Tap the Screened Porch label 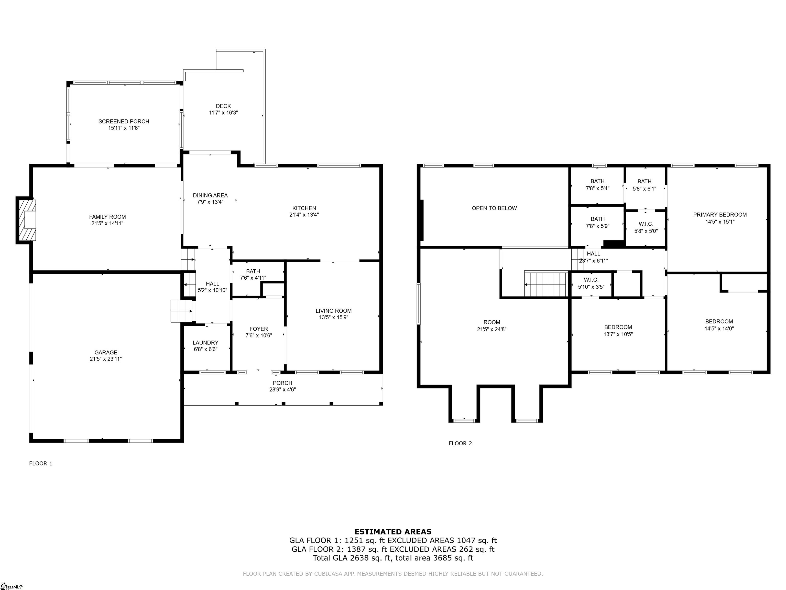pyautogui.click(x=124, y=122)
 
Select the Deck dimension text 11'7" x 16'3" pyautogui.click(x=223, y=113)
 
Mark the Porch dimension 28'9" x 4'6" pyautogui.click(x=282, y=389)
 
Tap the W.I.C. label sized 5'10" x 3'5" pyautogui.click(x=591, y=280)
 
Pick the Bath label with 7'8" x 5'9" pyautogui.click(x=597, y=219)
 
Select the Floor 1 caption pyautogui.click(x=40, y=463)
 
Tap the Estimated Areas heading pyautogui.click(x=393, y=532)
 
